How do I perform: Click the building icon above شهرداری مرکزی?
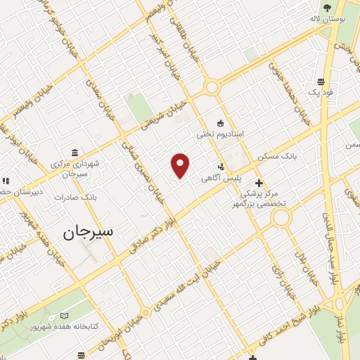tap(75, 153)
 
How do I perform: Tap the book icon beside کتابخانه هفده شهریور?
tap(65, 316)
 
